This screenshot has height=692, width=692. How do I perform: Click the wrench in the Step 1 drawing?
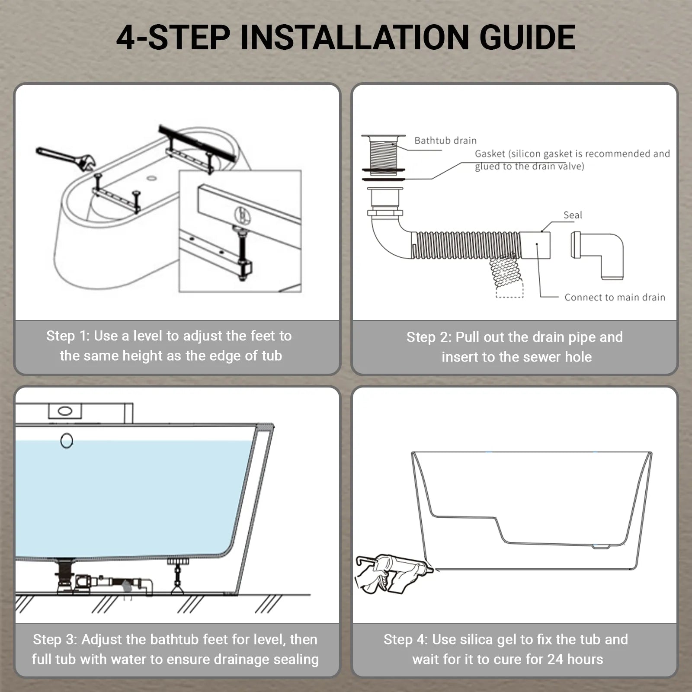click(65, 158)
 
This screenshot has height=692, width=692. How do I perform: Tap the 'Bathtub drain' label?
click(445, 141)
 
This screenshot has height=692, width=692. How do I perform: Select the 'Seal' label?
click(572, 215)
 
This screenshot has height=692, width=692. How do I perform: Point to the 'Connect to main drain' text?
click(614, 297)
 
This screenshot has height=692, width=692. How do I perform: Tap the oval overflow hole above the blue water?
click(66, 441)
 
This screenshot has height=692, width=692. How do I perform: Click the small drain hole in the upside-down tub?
click(151, 178)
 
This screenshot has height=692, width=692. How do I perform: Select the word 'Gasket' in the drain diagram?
click(490, 154)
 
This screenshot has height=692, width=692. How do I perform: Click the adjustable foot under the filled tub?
click(178, 575)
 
